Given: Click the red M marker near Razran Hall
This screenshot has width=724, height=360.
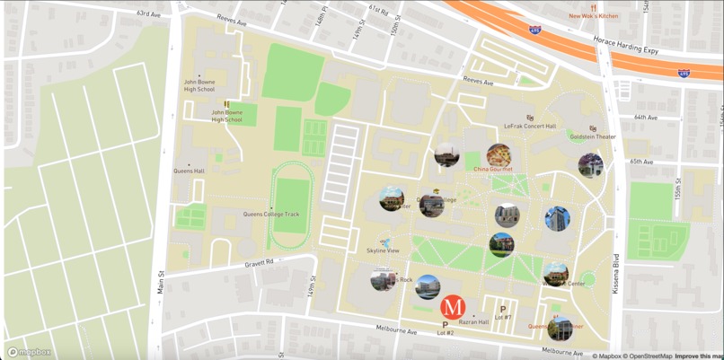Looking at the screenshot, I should tap(454, 306).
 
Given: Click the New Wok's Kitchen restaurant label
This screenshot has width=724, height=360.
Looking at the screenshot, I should tap(594, 15).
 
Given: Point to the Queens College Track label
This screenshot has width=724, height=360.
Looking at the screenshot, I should tap(271, 215).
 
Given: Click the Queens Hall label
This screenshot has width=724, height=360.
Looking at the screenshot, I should tap(190, 171).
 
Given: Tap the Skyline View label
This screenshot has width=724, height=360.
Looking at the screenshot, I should tap(383, 250).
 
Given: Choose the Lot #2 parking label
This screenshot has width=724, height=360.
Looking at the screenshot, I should tap(446, 333).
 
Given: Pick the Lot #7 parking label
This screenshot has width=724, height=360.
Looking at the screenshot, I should tap(503, 317).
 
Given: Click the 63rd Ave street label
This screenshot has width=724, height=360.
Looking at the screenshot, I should tap(149, 14).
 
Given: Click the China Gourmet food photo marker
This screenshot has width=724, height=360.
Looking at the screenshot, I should tap(499, 156).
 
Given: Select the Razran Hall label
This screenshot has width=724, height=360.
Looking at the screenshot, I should tap(473, 320).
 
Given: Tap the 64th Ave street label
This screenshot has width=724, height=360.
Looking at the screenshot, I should tap(645, 118).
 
